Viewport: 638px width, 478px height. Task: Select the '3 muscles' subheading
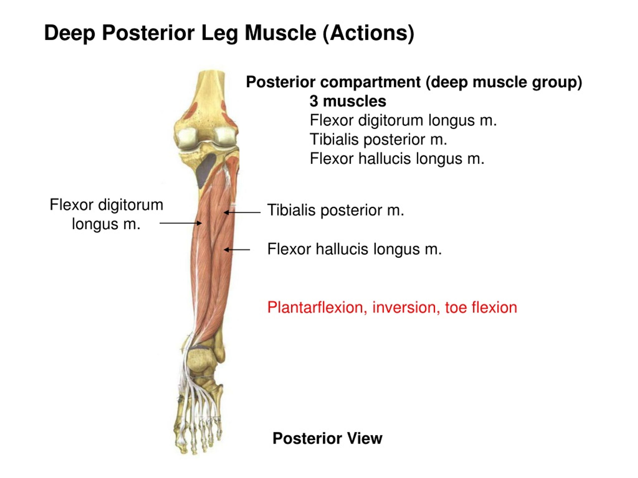coord(348,101)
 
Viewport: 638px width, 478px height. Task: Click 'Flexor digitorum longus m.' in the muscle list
coord(403,120)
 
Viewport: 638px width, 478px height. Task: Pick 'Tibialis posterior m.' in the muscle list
coord(378,139)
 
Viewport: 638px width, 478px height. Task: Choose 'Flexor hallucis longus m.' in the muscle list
coord(397,159)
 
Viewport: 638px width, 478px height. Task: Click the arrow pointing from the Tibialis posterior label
coord(242,212)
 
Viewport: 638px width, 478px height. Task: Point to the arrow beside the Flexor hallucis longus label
coord(237,249)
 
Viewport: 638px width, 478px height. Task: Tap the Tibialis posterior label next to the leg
coord(336,210)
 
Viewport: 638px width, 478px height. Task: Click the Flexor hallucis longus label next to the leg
coord(354,249)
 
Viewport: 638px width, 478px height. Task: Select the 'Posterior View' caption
coord(327,438)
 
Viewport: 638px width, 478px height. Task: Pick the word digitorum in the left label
coord(131,205)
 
